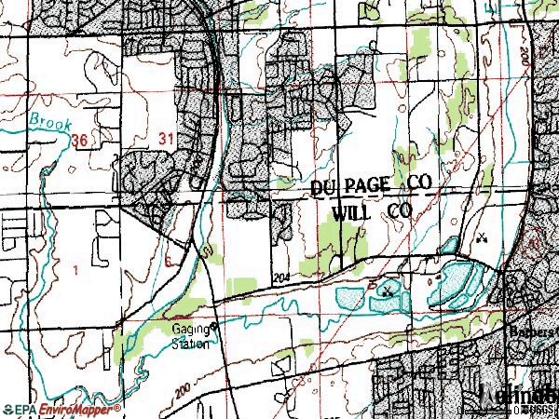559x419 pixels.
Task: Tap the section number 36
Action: [79, 140]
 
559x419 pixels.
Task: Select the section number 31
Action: [168, 139]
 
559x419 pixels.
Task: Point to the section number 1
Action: [75, 269]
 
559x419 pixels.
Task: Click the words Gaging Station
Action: [189, 335]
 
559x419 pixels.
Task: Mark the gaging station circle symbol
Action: [213, 327]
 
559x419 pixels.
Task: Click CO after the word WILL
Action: [400, 212]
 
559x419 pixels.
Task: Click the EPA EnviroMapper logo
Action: [61, 410]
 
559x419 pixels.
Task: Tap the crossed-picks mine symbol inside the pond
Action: [387, 291]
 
